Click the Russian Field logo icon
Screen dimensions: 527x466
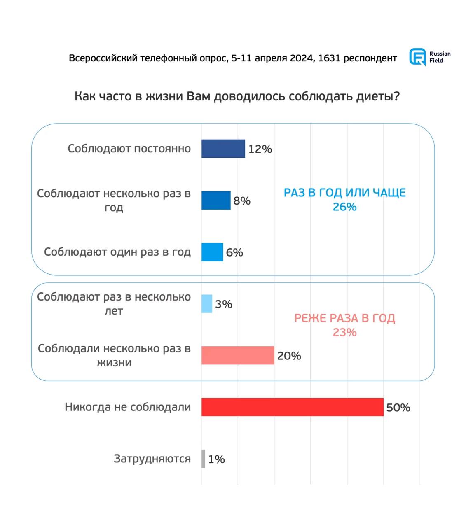click(x=417, y=57)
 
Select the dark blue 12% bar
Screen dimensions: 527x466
click(x=223, y=149)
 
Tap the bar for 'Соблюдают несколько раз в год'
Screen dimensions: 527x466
click(x=216, y=201)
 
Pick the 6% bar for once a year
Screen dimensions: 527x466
click(x=212, y=252)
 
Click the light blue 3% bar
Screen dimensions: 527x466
click(x=207, y=304)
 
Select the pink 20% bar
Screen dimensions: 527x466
click(x=238, y=355)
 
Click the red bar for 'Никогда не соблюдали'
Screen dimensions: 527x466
click(x=292, y=407)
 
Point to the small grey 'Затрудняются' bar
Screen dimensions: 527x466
click(x=203, y=459)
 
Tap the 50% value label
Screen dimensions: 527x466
click(x=398, y=408)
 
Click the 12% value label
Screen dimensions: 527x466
click(x=260, y=149)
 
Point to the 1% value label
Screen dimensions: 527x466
click(x=216, y=459)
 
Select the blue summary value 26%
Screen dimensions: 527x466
click(x=344, y=207)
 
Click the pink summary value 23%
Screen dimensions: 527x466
click(x=344, y=332)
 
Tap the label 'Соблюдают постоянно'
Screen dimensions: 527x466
click(x=129, y=148)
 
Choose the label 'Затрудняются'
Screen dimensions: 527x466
click(x=152, y=459)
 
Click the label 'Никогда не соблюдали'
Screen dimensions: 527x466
click(x=128, y=407)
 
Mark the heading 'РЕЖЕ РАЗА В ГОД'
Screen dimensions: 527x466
click(x=344, y=318)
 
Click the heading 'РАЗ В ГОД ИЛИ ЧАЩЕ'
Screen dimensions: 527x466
click(x=344, y=193)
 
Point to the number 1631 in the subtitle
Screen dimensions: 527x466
click(x=329, y=58)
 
